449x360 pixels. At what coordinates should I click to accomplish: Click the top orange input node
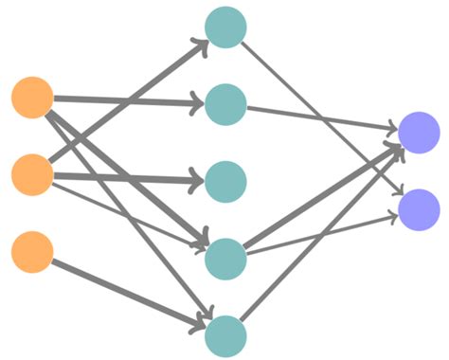tap(32, 99)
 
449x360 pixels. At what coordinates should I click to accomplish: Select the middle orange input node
tap(32, 175)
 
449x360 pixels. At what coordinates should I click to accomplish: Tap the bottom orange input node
tap(32, 252)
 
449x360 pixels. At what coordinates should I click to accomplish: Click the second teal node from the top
tap(225, 103)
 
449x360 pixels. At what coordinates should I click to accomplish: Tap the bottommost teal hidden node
tap(225, 335)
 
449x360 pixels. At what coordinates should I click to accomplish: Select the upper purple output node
tap(419, 132)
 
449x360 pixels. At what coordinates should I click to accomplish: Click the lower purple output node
tap(419, 209)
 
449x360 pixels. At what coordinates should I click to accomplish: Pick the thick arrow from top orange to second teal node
tap(133, 100)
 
